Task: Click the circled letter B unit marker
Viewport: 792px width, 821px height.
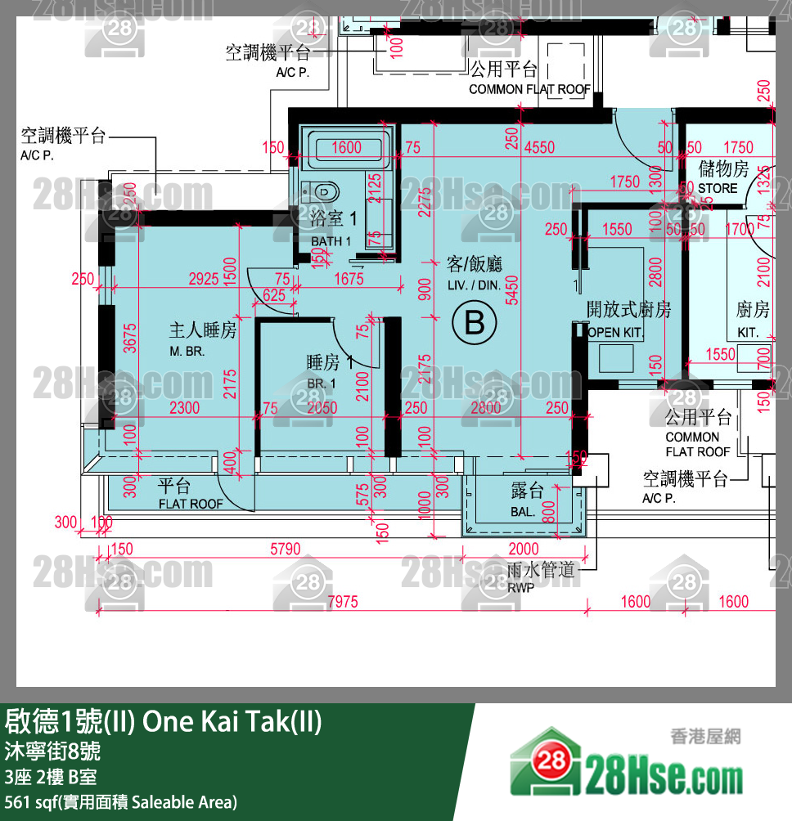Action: [x=475, y=324]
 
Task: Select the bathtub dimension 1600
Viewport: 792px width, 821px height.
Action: [x=348, y=148]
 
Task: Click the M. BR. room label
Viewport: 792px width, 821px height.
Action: [x=187, y=351]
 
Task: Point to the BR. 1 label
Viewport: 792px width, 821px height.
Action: [x=321, y=384]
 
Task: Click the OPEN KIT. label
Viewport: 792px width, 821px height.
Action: [x=615, y=333]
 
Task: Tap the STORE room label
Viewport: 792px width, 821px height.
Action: [x=718, y=188]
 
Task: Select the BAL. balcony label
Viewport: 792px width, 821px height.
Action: [x=523, y=512]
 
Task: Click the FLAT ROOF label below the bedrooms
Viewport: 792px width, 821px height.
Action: [x=191, y=504]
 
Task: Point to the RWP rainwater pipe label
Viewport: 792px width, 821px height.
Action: [x=520, y=586]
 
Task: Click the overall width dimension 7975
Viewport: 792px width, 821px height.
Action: [x=342, y=603]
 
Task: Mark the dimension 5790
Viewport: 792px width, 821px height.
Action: [x=286, y=550]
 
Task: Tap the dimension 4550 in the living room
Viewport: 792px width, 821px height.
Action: [x=539, y=148]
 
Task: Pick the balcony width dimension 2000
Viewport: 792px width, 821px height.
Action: [x=524, y=550]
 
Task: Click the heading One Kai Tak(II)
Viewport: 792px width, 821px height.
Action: [x=232, y=722]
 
